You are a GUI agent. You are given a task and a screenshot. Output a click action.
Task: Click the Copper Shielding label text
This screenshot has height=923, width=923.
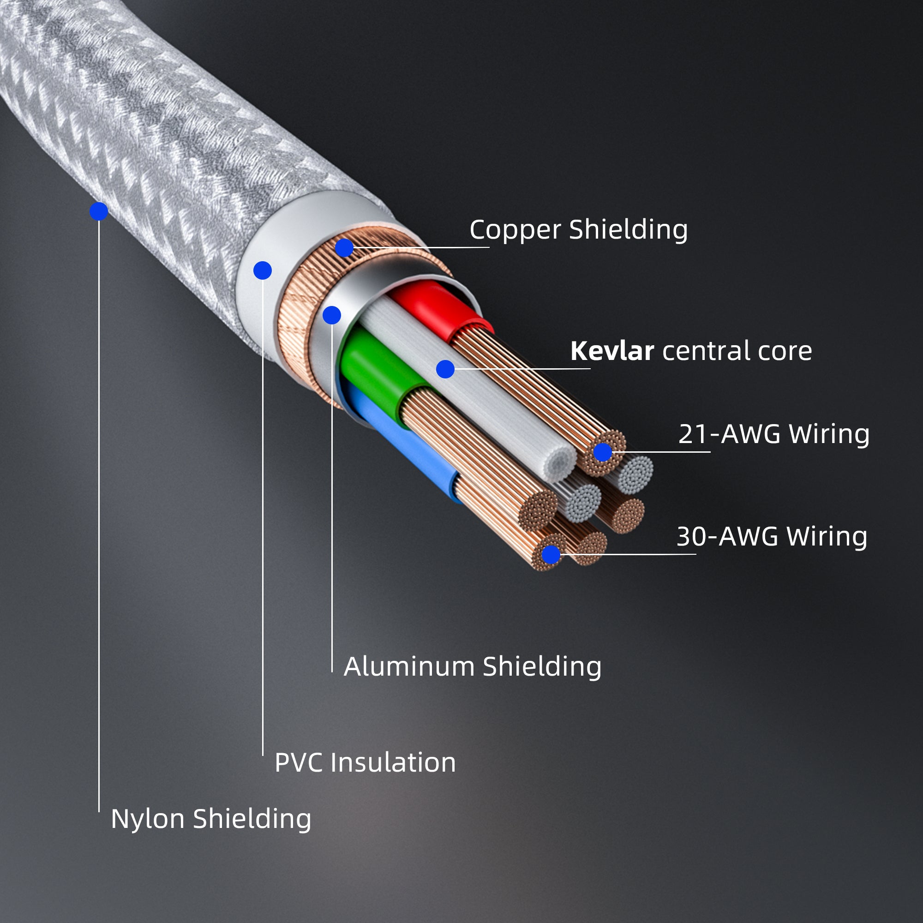coord(578,230)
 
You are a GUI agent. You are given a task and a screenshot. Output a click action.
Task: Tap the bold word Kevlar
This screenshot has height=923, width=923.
coord(611,351)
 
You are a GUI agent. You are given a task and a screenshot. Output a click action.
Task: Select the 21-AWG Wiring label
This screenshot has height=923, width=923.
coord(773,434)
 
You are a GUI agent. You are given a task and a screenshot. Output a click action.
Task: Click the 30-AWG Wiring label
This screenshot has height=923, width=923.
coord(772,537)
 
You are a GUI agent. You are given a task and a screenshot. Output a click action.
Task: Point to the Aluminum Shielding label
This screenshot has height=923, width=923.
coord(472,666)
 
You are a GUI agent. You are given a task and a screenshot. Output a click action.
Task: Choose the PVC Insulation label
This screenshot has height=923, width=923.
coord(365,762)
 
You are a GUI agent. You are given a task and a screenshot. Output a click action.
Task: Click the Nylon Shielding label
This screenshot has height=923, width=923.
coord(211,819)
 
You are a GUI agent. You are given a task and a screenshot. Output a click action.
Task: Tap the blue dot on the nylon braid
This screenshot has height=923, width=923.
coord(99,211)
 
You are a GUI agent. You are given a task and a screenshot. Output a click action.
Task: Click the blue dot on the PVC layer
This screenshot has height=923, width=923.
coord(262,270)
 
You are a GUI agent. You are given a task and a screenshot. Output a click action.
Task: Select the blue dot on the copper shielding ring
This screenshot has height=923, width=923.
coord(344,248)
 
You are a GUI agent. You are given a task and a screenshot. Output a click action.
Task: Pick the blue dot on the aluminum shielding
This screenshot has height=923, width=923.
coord(331,315)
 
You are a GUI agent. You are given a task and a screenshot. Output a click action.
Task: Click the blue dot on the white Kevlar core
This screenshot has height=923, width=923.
coord(445,369)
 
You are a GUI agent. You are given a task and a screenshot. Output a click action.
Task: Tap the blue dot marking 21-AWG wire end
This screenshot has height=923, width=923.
coord(602,452)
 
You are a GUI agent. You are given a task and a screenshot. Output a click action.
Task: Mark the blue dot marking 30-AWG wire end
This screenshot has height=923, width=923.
coord(551,555)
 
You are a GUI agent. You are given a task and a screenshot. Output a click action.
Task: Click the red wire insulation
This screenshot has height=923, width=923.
coord(435,308)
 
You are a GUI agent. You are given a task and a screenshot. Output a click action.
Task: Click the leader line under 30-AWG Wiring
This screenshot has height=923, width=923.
coord(635,554)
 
